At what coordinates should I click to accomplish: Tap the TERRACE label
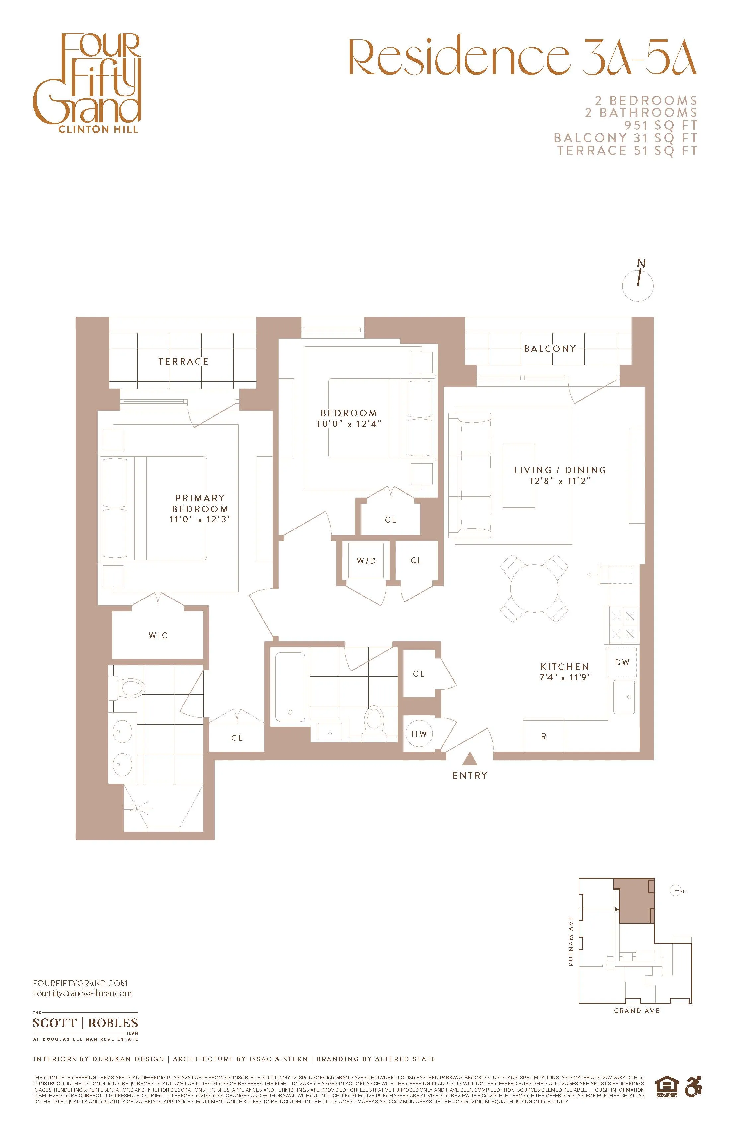[x=183, y=362]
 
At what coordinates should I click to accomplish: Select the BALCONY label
[x=550, y=349]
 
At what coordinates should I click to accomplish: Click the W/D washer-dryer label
[x=366, y=561]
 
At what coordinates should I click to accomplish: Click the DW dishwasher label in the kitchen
[x=622, y=662]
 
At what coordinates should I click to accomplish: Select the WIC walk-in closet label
[x=158, y=635]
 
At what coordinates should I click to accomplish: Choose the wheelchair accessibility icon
[x=693, y=1087]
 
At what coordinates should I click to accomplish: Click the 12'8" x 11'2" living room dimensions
[x=560, y=481]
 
